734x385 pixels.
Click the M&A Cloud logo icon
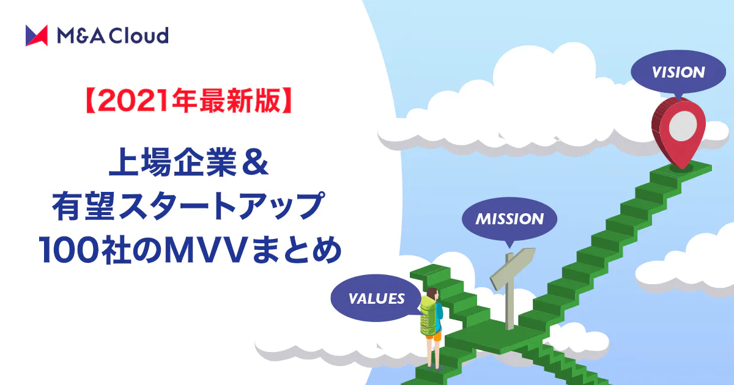[37, 35]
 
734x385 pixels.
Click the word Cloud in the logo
[138, 35]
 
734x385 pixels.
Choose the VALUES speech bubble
[377, 299]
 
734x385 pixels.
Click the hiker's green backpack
[428, 315]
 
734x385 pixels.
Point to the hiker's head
[432, 293]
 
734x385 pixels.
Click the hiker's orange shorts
[434, 336]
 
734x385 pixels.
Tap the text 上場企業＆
[189, 162]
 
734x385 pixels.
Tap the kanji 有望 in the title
[84, 206]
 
